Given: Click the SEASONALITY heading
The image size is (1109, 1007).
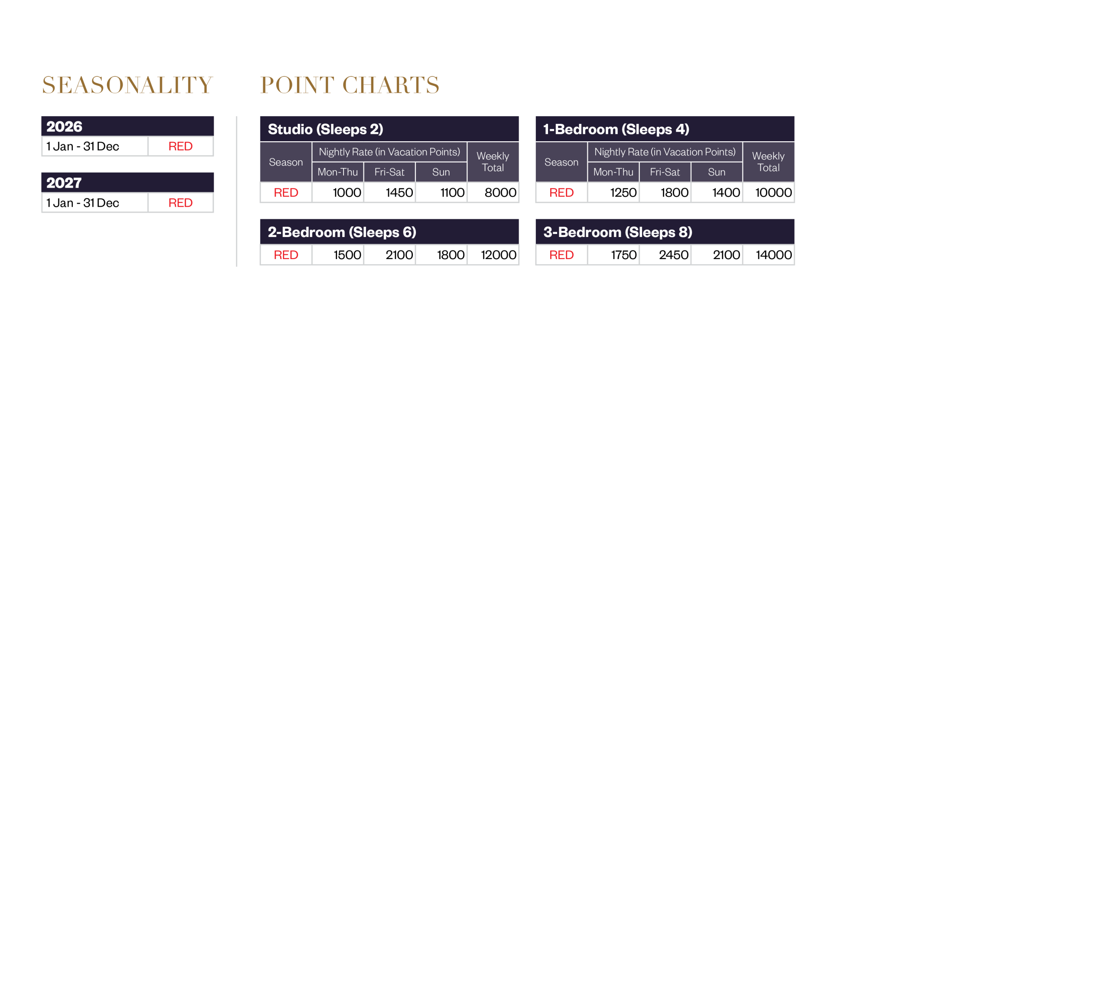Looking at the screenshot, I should point(127,85).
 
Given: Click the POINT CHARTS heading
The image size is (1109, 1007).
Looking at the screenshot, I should point(349,85).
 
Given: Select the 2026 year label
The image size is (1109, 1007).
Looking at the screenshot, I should point(65,127).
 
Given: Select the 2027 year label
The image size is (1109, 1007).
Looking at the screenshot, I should point(64,183).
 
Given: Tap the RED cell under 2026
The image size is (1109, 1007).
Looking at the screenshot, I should point(181,146).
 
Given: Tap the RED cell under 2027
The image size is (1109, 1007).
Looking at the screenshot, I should point(181,202).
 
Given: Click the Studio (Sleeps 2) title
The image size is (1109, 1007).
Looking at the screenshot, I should point(325,129).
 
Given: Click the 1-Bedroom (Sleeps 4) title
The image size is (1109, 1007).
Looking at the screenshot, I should point(616,129).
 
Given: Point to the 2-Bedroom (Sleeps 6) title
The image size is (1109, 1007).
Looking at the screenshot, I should point(342,232).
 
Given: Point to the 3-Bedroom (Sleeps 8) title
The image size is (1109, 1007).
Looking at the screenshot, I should point(618,232).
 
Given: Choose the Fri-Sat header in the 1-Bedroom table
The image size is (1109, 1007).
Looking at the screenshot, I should point(665,172).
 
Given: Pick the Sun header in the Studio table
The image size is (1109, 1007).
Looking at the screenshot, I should point(441,172).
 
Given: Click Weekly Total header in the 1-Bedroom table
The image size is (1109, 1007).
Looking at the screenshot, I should point(768,162).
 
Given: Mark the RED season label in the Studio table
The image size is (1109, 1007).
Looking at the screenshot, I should point(286,192).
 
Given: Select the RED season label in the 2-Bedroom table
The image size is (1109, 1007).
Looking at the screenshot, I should point(286,255).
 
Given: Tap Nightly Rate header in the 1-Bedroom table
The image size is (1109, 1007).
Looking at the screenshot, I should point(665,152).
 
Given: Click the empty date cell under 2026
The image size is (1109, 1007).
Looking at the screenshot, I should point(94,146).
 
